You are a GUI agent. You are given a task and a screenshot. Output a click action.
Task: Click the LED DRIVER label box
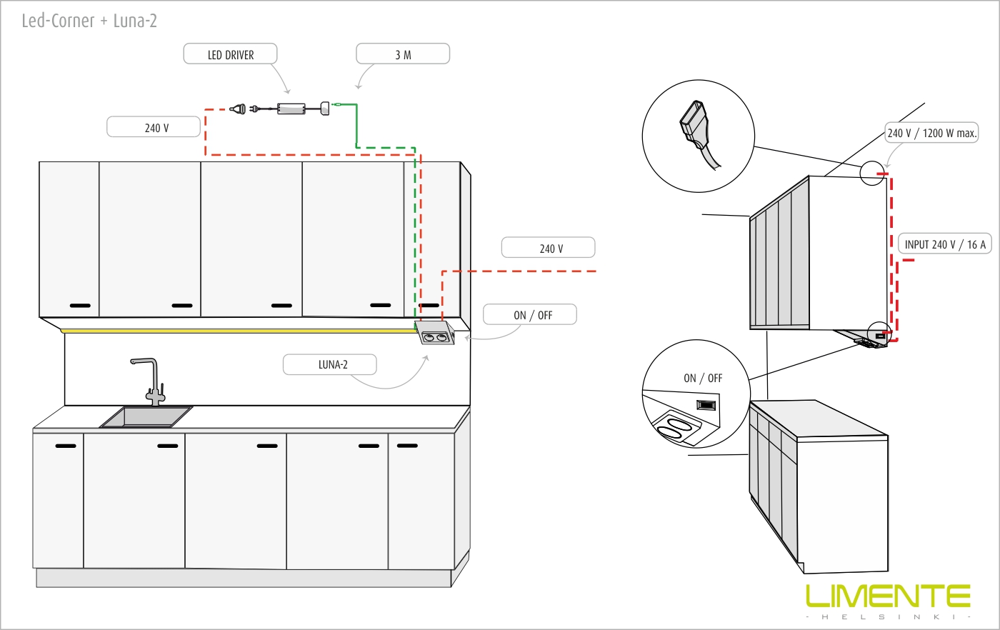click(230, 54)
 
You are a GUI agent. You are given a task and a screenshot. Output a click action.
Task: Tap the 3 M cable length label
click(403, 54)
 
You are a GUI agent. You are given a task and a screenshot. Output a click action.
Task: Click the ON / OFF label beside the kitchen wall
click(530, 315)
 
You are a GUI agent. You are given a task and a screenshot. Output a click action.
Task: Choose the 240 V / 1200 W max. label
click(931, 133)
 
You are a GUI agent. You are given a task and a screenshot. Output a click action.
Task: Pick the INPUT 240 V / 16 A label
click(944, 244)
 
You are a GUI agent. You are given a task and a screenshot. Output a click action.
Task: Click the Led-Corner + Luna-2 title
click(89, 21)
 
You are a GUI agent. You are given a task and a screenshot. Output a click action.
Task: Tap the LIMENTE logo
click(888, 596)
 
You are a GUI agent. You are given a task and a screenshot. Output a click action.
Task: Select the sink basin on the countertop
click(146, 416)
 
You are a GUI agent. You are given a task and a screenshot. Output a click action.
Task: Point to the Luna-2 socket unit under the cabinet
click(435, 334)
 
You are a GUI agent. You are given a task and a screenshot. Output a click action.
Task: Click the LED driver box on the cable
click(291, 109)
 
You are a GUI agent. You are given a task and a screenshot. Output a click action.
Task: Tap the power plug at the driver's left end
click(239, 109)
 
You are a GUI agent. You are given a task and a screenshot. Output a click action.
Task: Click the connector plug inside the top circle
click(694, 126)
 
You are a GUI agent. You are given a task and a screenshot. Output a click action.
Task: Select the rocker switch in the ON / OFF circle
click(706, 405)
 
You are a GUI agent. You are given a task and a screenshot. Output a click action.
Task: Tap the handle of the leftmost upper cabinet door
click(80, 306)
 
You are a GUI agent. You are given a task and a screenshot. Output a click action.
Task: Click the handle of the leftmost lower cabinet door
click(65, 446)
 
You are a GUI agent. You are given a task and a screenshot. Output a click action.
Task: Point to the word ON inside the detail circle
click(690, 378)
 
